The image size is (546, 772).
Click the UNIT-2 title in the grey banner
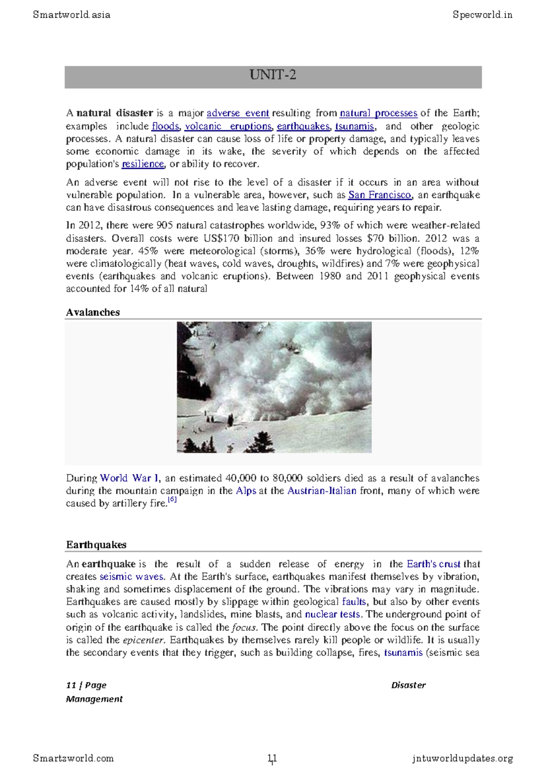pyautogui.click(x=273, y=76)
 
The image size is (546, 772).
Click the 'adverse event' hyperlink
pyautogui.click(x=238, y=113)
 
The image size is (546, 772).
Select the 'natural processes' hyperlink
pyautogui.click(x=378, y=113)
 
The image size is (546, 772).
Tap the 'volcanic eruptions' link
pyautogui.click(x=227, y=126)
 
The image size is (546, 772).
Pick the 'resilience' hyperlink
pyautogui.click(x=142, y=164)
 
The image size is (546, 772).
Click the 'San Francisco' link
pyautogui.click(x=379, y=195)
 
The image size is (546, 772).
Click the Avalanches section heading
pyautogui.click(x=93, y=312)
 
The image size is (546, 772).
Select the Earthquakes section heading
pyautogui.click(x=96, y=545)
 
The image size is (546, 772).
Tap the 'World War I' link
pyautogui.click(x=129, y=478)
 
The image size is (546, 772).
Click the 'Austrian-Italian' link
pyautogui.click(x=322, y=491)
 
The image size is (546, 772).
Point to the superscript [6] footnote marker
pyautogui.click(x=172, y=500)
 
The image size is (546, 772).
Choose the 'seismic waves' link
pyautogui.click(x=132, y=577)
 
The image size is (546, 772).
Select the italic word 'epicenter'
pyautogui.click(x=143, y=640)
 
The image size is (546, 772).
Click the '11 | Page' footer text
pyautogui.click(x=86, y=685)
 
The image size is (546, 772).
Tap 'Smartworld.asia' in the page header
pyautogui.click(x=71, y=15)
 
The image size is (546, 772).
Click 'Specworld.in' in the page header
pyautogui.click(x=482, y=15)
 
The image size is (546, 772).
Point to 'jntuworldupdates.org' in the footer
pyautogui.click(x=462, y=758)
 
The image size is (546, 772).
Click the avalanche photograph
pyautogui.click(x=274, y=387)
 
